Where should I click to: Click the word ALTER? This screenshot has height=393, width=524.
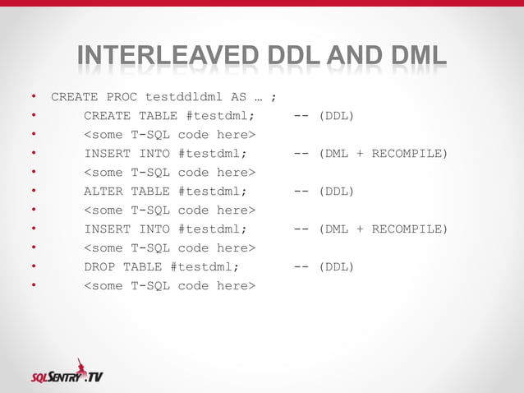(x=103, y=192)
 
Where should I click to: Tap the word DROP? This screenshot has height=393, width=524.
(x=99, y=267)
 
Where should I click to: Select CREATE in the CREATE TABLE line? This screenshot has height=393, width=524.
(x=107, y=116)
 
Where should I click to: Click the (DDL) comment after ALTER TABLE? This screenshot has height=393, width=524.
(x=337, y=192)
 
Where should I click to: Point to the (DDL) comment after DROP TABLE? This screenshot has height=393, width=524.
(x=337, y=267)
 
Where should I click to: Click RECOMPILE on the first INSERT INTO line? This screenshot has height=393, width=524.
(x=410, y=154)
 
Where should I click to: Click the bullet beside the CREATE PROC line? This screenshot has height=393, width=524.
(x=33, y=97)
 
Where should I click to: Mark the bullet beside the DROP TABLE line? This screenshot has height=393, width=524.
(x=33, y=267)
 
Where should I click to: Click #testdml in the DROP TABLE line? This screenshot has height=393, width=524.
(x=205, y=267)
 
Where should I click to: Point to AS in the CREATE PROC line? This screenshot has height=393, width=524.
(x=239, y=97)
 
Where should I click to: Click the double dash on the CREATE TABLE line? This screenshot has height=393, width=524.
(x=301, y=116)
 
